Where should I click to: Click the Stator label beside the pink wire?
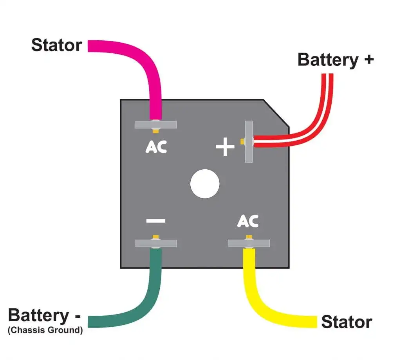[56, 45]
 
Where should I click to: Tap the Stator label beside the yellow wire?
[346, 322]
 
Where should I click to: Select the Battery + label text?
[336, 60]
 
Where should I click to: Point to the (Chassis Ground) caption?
[45, 330]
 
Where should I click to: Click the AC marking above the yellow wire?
[248, 221]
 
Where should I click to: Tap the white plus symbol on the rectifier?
[225, 148]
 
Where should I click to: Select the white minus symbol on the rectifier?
[156, 221]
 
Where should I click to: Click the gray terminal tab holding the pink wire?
[156, 125]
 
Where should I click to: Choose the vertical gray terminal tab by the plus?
[249, 141]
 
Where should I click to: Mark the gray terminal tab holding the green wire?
[155, 243]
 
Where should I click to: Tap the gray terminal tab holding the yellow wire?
[249, 243]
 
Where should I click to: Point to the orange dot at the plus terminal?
[243, 141]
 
